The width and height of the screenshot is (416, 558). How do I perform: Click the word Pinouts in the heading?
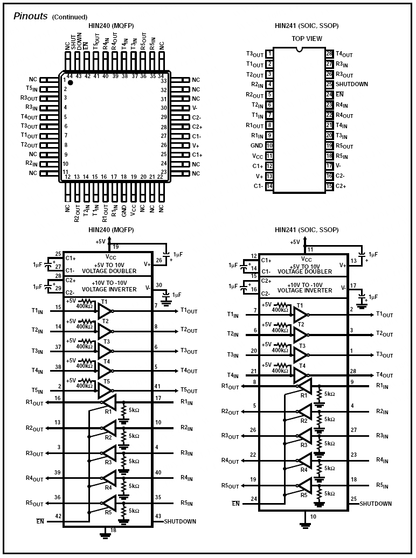[x=30, y=16]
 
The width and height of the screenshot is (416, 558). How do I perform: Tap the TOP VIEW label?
[x=307, y=39]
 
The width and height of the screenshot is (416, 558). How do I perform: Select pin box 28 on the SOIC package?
[x=329, y=54]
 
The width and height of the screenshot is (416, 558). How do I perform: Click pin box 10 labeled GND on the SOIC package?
[x=269, y=145]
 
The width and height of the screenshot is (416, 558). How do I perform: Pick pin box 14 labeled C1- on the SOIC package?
[x=269, y=186]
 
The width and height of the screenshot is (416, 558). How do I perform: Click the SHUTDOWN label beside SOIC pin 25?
[x=352, y=84]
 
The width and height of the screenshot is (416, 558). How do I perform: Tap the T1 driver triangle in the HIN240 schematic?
[x=105, y=311]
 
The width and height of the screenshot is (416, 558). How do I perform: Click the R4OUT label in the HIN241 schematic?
[x=230, y=461]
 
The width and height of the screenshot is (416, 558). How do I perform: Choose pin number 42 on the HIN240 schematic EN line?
[x=58, y=517]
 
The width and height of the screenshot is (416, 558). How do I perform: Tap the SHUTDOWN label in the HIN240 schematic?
[x=180, y=521]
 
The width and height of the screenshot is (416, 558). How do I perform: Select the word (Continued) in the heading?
[x=70, y=17]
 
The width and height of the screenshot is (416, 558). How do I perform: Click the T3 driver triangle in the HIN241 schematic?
[x=300, y=354]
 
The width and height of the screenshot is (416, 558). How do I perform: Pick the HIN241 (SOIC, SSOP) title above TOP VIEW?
[x=307, y=25]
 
